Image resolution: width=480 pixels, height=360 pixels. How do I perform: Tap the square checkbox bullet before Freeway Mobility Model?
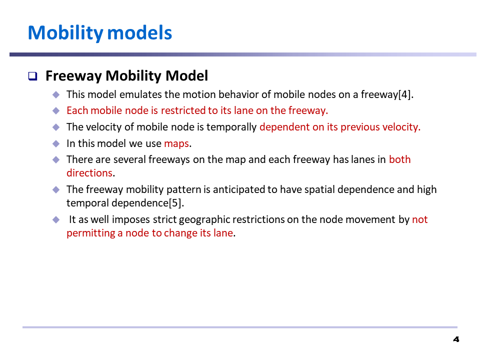pos(33,76)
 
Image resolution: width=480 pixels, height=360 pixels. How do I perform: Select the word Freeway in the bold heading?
pos(73,76)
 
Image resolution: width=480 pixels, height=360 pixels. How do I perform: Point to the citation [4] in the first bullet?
pos(404,94)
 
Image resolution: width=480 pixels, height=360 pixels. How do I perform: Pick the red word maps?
pos(176,144)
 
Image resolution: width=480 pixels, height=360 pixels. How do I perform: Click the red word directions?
pos(89,173)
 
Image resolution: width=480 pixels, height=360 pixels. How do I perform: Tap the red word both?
pos(400,159)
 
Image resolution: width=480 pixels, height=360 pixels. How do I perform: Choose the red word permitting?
pos(91,233)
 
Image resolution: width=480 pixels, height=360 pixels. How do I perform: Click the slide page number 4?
pos(456,339)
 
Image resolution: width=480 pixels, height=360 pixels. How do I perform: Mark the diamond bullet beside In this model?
pos(56,143)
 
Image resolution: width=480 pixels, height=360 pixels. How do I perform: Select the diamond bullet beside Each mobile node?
pos(56,110)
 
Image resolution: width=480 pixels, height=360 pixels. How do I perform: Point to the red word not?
pos(419,219)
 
